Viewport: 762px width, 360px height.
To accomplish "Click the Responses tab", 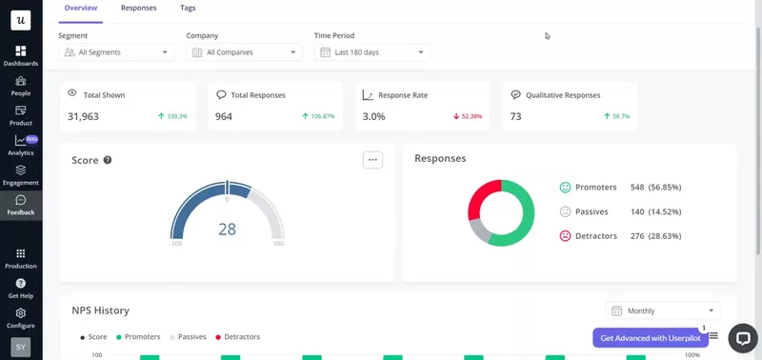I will (x=139, y=8).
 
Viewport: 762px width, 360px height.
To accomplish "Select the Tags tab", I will (x=189, y=8).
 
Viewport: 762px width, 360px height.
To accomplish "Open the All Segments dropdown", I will (x=115, y=52).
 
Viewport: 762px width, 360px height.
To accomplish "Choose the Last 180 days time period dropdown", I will (x=371, y=52).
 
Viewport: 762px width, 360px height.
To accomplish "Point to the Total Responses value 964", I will (x=224, y=116).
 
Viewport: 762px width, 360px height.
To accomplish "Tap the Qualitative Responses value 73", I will (x=515, y=116).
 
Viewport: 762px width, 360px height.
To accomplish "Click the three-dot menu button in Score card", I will (x=372, y=160).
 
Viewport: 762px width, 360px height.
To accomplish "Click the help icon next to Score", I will (x=108, y=160).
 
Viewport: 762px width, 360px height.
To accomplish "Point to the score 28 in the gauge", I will (x=227, y=230).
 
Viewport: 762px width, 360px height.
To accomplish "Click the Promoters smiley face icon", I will (x=565, y=188).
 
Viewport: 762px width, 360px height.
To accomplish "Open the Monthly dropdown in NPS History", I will (x=663, y=310).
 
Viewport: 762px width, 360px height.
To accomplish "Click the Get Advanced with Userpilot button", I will (x=651, y=338).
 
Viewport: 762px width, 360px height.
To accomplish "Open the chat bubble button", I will (x=742, y=338).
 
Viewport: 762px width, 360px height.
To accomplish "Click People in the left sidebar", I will (x=20, y=87).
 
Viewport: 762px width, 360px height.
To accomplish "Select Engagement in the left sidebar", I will (x=20, y=174).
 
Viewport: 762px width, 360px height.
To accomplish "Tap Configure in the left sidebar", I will (x=20, y=317).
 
